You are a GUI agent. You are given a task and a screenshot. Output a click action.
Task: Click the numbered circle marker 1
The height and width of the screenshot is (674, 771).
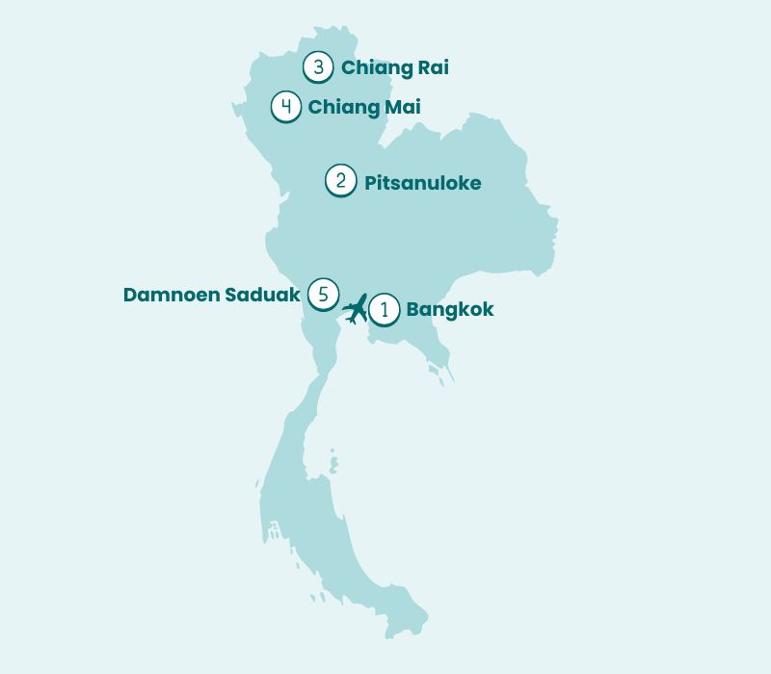(x=385, y=309)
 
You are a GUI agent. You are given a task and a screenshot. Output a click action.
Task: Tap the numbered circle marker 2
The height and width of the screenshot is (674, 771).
(x=341, y=181)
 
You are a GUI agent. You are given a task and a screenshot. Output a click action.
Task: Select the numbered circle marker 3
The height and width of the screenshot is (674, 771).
(x=318, y=67)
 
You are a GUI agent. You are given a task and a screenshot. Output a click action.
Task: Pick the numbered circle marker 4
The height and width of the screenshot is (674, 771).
(x=286, y=106)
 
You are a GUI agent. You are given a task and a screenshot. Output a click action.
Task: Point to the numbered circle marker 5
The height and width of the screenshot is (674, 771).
(x=323, y=294)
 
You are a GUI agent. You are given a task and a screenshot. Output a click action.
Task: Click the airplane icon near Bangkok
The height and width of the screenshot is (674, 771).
(x=355, y=308)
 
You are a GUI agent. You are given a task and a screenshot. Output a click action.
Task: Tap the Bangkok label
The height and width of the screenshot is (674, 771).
(x=450, y=310)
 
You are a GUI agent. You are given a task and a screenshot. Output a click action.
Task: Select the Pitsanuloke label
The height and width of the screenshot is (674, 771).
(x=422, y=183)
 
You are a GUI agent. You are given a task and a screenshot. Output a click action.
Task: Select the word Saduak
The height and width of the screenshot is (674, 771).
(x=262, y=295)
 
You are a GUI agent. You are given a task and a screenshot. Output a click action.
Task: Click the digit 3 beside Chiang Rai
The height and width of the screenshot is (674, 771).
(x=318, y=67)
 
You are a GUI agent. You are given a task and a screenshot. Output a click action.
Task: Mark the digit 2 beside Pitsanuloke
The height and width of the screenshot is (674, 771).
(x=341, y=181)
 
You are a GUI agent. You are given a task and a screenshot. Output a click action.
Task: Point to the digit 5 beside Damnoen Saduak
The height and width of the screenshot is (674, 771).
(x=323, y=294)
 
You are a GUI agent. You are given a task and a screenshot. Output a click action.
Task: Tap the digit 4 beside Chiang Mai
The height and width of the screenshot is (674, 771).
(x=286, y=106)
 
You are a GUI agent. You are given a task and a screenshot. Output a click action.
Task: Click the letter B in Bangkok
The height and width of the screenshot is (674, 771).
(x=412, y=310)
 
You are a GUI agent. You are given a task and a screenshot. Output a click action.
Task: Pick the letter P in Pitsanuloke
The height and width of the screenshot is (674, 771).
(x=370, y=183)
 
